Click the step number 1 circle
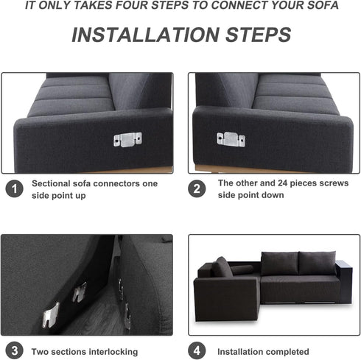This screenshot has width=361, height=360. coord(13,189)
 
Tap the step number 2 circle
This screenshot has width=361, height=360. coord(197,188)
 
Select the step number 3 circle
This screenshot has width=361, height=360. coord(13,349)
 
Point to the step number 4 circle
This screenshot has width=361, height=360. coord(197,349)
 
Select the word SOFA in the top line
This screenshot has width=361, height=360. coord(323,5)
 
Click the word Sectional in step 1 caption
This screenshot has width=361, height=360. coord(54,183)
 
